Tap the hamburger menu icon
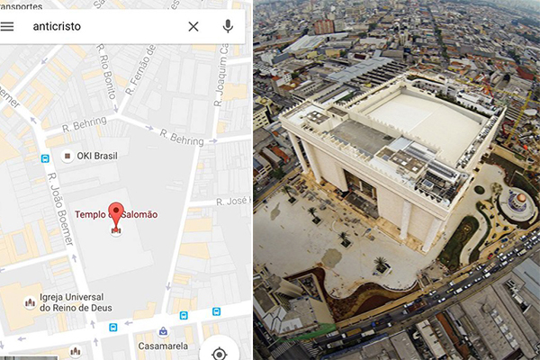[x=8, y=26]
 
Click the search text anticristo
[x=57, y=26]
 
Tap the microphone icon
[x=228, y=26]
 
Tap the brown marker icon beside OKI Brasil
[x=67, y=157]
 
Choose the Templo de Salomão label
[x=116, y=214]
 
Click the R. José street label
[x=231, y=202]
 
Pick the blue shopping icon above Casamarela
[x=162, y=330]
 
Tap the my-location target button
[x=219, y=351]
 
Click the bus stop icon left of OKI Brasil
[x=44, y=158]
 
